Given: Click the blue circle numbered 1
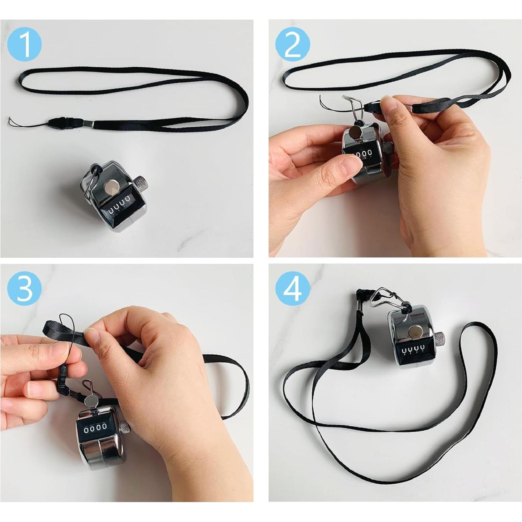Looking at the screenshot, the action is pos(24,44).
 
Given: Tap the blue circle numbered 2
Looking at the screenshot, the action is pos(292,44).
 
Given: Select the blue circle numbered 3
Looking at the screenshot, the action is pos(24,288).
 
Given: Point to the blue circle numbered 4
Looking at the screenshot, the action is pos(292,288).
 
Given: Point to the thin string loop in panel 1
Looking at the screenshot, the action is pos(28,122).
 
